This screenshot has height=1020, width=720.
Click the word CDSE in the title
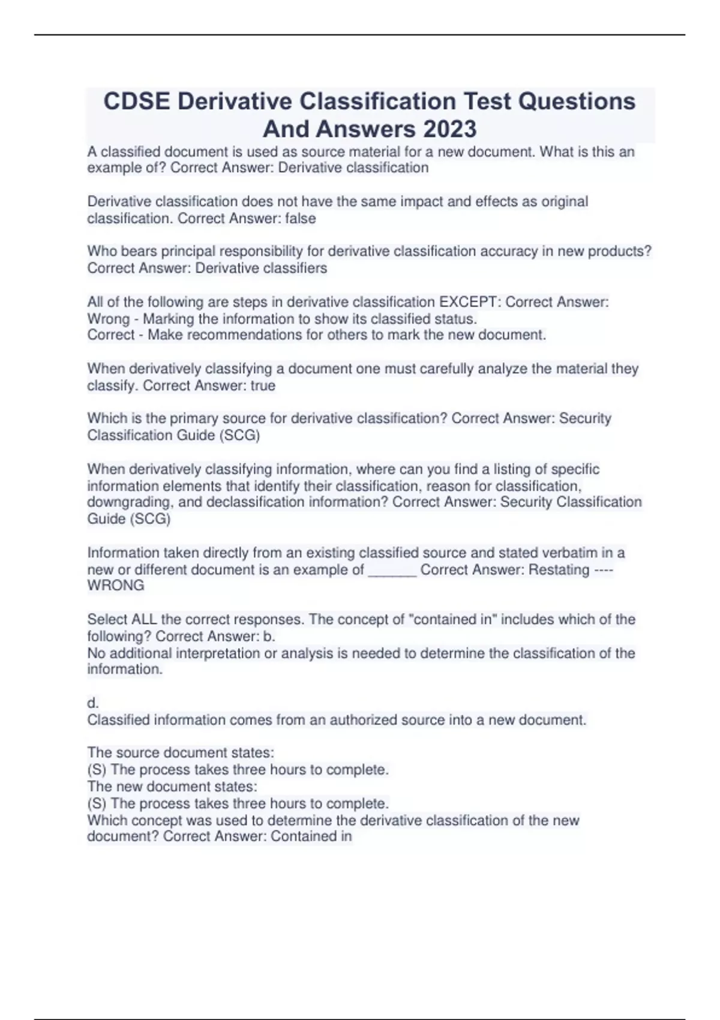[136, 101]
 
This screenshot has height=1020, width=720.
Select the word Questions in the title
[576, 101]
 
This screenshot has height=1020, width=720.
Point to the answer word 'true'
[263, 386]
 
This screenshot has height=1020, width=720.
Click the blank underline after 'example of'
[392, 571]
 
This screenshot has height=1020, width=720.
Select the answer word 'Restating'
[559, 569]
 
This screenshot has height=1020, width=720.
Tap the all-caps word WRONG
[116, 586]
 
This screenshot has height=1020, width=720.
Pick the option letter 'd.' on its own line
[93, 703]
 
